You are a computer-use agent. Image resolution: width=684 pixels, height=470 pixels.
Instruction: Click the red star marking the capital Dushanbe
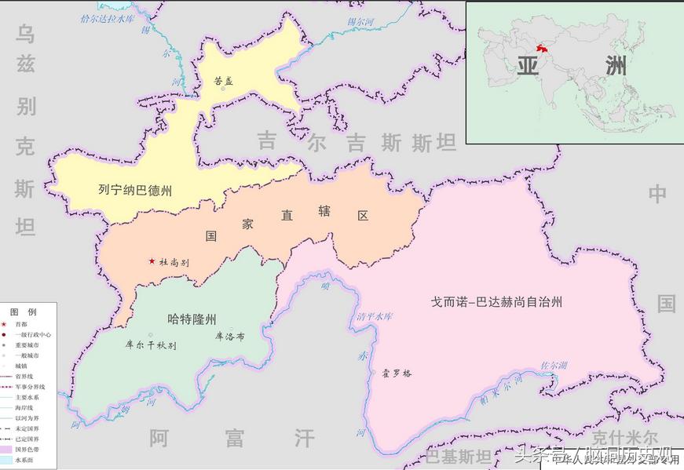click(152, 261)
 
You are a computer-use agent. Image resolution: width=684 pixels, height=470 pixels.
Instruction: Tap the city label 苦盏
click(225, 80)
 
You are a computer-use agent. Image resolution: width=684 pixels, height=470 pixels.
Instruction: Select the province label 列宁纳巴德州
click(135, 189)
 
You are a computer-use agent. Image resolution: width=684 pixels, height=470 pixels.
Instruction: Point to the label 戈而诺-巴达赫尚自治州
click(497, 301)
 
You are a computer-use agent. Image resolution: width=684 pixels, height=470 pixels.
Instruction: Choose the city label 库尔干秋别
click(151, 344)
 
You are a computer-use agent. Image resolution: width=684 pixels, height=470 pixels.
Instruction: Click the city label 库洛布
click(229, 337)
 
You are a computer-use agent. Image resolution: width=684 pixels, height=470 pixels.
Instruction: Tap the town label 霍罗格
click(396, 373)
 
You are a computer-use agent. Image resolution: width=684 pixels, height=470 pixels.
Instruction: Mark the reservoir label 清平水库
click(375, 317)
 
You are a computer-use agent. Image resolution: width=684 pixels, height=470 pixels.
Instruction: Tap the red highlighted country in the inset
click(540, 48)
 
